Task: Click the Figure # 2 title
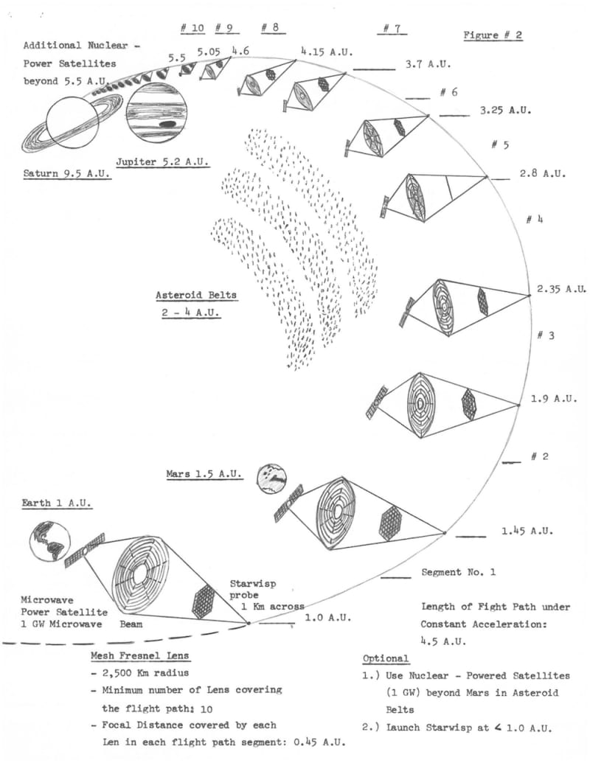(493, 35)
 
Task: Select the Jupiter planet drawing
(156, 114)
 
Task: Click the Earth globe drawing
(48, 543)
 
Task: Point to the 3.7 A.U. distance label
(428, 64)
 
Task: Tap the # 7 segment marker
(391, 29)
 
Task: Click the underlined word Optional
(385, 658)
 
